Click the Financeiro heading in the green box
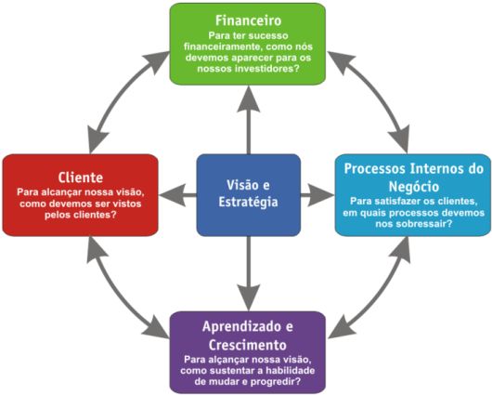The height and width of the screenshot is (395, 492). coord(248,20)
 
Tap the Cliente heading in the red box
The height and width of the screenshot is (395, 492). coord(81,178)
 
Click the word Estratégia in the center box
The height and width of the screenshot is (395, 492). coord(248,202)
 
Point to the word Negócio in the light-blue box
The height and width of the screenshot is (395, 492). coord(413,187)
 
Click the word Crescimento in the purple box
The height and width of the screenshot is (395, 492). coord(248,345)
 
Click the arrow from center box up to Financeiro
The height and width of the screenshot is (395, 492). coord(249,120)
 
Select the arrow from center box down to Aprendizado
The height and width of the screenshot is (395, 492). coord(249,273)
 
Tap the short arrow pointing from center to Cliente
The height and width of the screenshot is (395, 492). coord(177,195)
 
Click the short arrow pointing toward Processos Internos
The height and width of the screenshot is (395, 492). coord(317,195)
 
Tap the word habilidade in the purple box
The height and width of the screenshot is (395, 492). coord(291,371)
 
